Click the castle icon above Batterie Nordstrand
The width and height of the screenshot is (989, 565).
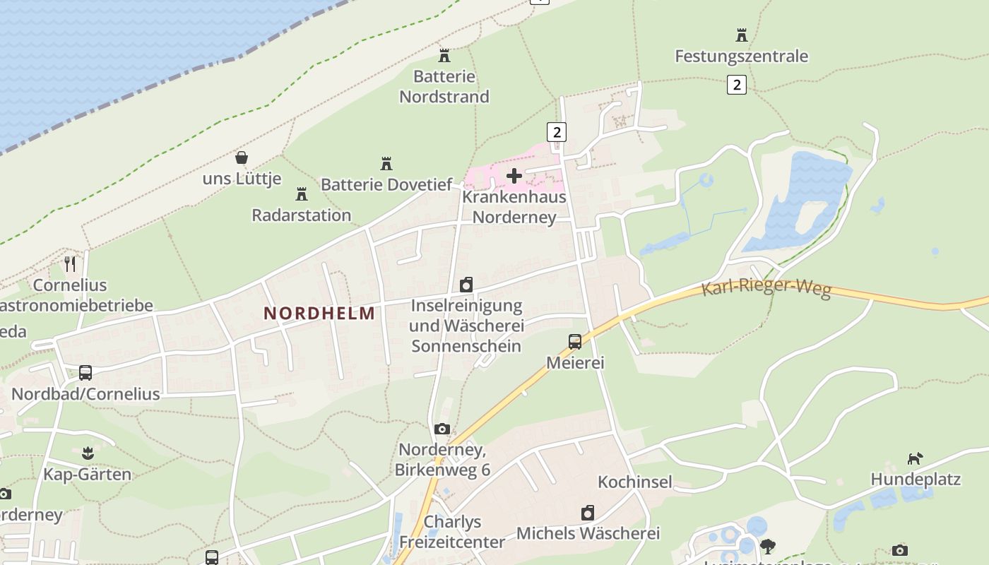click(x=444, y=55)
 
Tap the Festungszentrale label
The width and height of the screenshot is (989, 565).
click(x=741, y=56)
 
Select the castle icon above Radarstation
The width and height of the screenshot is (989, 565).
click(x=302, y=194)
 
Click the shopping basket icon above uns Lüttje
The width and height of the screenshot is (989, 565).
click(x=242, y=157)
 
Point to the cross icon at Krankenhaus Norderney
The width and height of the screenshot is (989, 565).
click(x=514, y=175)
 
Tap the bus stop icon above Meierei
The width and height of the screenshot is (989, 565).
click(x=575, y=342)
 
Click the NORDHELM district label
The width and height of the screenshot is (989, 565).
click(x=320, y=314)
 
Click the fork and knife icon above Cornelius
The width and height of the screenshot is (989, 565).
click(x=70, y=264)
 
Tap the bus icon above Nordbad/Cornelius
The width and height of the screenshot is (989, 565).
click(x=85, y=372)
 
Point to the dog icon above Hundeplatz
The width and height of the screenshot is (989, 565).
click(x=915, y=458)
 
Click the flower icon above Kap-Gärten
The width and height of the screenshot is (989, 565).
click(x=88, y=452)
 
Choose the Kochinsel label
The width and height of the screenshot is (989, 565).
click(x=635, y=482)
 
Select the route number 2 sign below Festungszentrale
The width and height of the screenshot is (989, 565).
click(x=736, y=85)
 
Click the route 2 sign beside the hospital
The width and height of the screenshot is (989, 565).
click(x=557, y=131)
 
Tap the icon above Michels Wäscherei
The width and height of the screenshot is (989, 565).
click(x=588, y=513)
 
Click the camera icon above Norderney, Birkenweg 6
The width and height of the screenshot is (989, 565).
click(x=442, y=429)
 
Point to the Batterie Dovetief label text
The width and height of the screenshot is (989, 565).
click(x=386, y=185)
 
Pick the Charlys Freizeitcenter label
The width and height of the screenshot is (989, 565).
click(x=452, y=532)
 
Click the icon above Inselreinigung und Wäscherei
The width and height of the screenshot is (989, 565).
click(x=466, y=285)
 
